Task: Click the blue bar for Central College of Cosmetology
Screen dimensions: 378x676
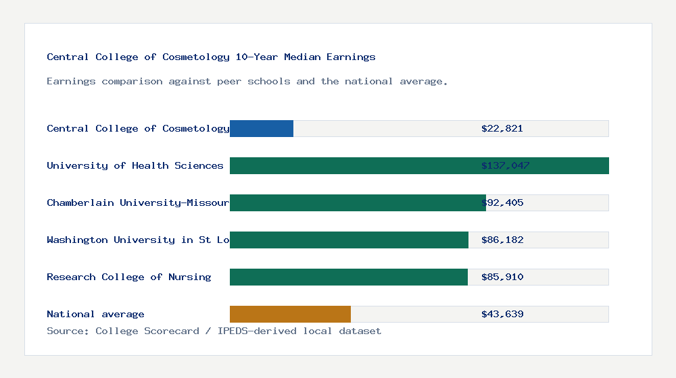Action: [x=262, y=128]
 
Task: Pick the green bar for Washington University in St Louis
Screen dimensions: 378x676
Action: [x=349, y=240]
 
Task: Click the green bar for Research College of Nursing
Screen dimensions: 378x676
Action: [x=349, y=277]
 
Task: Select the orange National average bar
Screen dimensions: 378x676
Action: [x=290, y=314]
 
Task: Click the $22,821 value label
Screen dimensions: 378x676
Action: [x=502, y=128]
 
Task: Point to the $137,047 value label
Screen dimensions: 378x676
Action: [x=505, y=165]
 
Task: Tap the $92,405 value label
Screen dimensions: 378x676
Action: [x=502, y=202]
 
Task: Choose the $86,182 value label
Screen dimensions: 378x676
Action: [x=502, y=240]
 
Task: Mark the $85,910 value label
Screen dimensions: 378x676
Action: [x=502, y=277]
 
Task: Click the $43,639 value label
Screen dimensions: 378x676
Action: [x=502, y=314]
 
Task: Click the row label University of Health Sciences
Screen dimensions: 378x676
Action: [x=135, y=165]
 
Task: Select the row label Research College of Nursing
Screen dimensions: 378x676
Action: [x=129, y=277]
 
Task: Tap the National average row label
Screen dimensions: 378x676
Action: [x=95, y=314]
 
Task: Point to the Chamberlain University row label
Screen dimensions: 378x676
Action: [x=138, y=202]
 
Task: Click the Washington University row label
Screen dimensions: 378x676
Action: [x=138, y=240]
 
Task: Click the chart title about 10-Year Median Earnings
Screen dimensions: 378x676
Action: [x=211, y=57]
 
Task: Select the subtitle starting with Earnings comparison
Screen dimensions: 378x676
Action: [x=247, y=81]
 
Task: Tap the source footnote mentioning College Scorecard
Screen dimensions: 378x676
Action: [x=214, y=331]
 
